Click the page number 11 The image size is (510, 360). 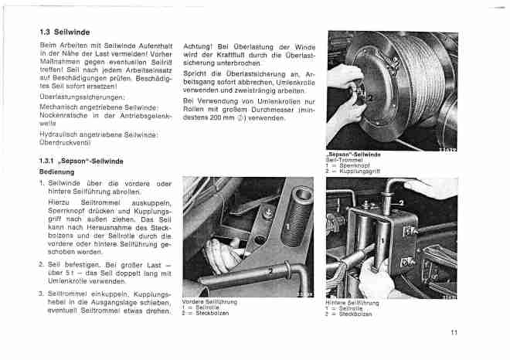click(454, 333)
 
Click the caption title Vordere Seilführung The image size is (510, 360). click(209, 301)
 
